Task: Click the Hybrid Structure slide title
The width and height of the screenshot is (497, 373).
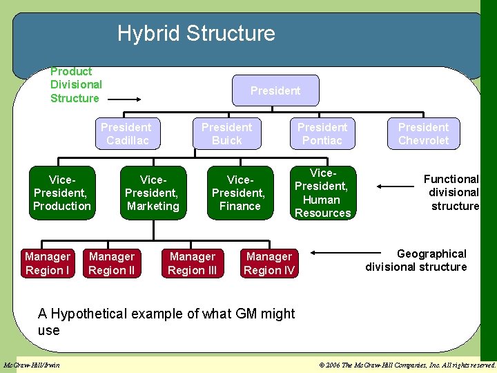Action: click(196, 33)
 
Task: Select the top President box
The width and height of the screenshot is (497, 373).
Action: click(275, 90)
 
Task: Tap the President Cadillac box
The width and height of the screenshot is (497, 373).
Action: click(126, 133)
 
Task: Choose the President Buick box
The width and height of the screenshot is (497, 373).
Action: click(226, 133)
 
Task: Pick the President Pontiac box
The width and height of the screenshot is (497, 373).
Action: click(322, 133)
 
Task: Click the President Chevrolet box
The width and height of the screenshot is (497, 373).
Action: click(423, 133)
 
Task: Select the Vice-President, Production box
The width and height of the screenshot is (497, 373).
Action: click(62, 193)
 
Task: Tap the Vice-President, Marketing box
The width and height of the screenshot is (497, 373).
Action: click(153, 193)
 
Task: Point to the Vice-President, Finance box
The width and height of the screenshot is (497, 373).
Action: click(238, 193)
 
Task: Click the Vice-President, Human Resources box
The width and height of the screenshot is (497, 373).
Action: click(323, 193)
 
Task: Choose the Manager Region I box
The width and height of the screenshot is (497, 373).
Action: click(48, 263)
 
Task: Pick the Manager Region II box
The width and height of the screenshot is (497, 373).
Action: click(112, 263)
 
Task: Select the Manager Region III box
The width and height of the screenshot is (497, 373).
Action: click(193, 263)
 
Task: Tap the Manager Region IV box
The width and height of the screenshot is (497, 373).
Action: click(269, 263)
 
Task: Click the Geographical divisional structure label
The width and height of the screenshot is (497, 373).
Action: click(416, 260)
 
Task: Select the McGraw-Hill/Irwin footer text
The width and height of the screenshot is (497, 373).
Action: click(32, 365)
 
